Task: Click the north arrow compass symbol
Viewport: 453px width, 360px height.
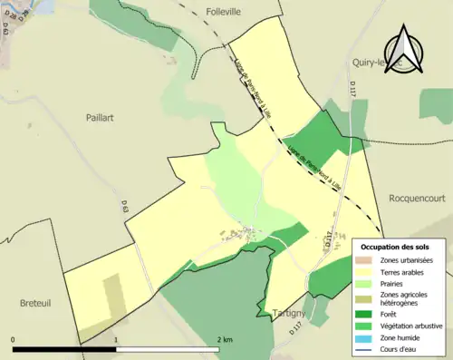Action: (x=406, y=51)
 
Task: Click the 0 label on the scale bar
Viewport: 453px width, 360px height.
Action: (x=14, y=339)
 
